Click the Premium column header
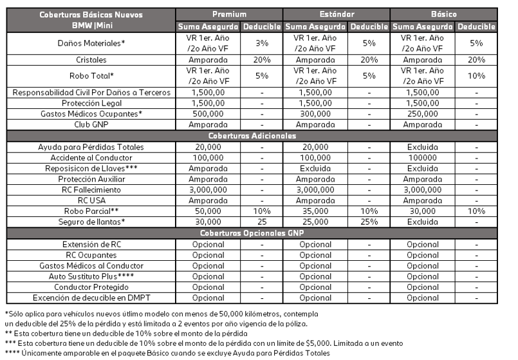point(229,14)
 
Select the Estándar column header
point(336,14)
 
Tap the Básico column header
point(443,14)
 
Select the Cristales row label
point(91,59)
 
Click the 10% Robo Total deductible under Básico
point(476,76)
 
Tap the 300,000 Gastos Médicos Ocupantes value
point(315,114)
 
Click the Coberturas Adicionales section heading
point(252,136)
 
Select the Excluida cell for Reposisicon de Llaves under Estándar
point(315,169)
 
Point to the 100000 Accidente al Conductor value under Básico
point(422,158)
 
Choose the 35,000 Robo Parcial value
point(315,211)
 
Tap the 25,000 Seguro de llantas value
point(315,222)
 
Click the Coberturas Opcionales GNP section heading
point(252,233)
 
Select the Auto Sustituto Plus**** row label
point(91,276)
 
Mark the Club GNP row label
point(91,125)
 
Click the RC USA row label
point(91,201)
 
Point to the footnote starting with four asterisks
point(167,353)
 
